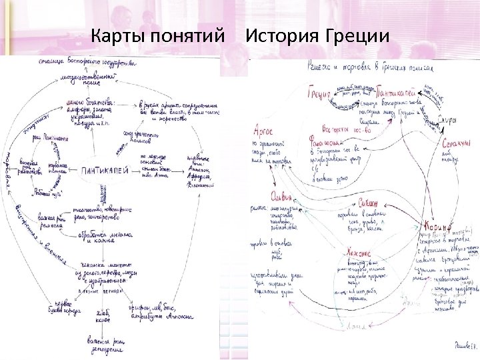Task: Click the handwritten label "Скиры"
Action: tap(447, 121)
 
